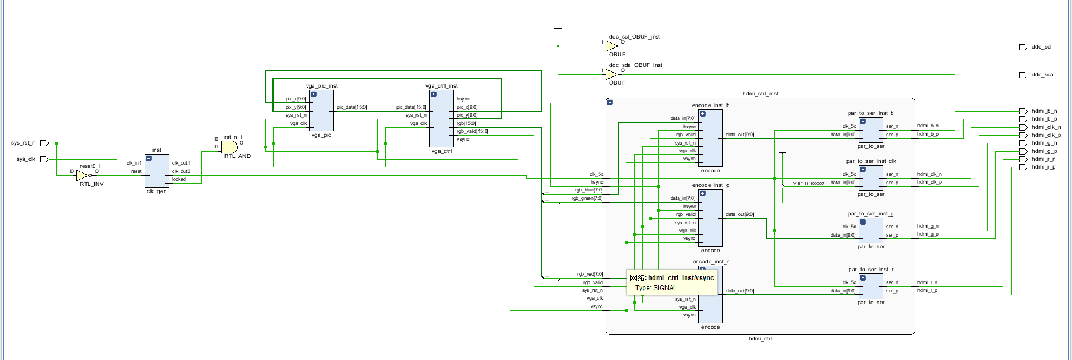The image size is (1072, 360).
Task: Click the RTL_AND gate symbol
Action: (229, 147)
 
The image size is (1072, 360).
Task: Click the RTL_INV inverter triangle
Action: (83, 175)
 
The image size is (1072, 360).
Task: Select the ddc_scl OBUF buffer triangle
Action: (612, 46)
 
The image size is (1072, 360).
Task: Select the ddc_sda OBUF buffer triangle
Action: (612, 74)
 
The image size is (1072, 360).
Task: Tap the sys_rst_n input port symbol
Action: (44, 143)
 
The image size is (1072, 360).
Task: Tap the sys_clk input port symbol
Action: (44, 159)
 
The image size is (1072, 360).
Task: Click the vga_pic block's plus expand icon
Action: (314, 94)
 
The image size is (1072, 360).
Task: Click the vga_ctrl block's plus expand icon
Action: (434, 94)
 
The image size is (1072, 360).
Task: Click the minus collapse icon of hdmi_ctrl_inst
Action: (610, 103)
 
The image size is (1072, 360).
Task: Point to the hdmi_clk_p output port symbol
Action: (1023, 135)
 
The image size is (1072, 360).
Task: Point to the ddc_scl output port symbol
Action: (1023, 47)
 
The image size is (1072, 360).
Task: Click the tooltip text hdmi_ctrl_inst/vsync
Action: (681, 278)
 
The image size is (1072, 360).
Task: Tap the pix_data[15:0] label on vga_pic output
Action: (352, 107)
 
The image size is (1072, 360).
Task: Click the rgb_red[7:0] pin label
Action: (590, 274)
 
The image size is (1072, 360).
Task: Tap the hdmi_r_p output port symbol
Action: (1023, 167)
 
